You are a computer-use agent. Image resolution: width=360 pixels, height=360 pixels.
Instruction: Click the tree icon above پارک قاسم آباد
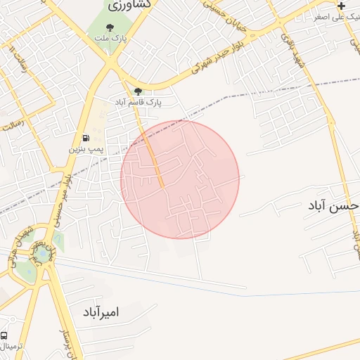pos(138,91)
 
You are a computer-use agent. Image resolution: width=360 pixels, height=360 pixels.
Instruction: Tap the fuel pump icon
pos(86,139)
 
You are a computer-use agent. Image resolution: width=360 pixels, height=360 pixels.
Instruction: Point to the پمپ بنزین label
pos(86,149)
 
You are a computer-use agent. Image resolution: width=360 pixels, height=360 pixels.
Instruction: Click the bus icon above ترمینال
pos(5,336)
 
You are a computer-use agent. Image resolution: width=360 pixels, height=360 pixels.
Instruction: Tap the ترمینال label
pos(11,347)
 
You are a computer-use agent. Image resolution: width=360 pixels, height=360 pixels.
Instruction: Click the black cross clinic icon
pos(342,6)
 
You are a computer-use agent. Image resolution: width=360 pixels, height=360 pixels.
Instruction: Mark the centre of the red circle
pos(180,179)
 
